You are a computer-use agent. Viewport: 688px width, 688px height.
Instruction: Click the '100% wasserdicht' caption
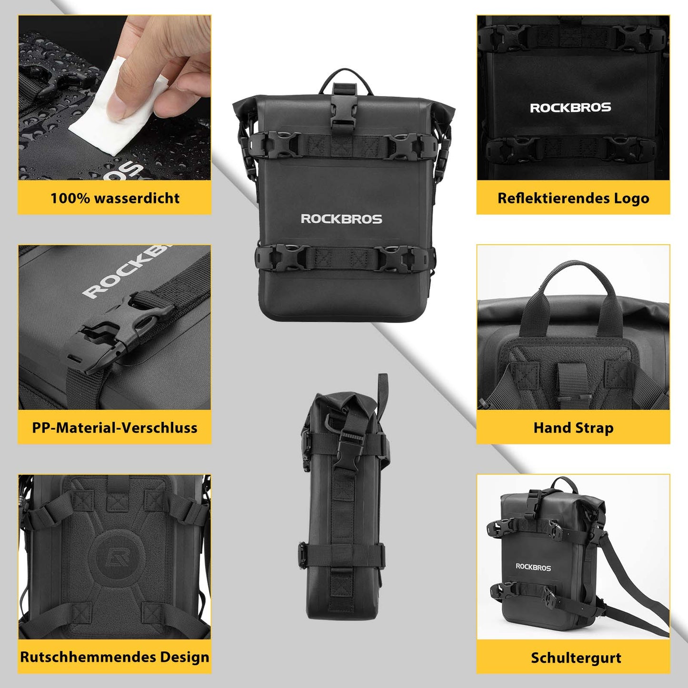pos(115,198)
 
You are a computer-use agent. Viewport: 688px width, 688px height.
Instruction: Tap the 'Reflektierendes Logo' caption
pos(573,198)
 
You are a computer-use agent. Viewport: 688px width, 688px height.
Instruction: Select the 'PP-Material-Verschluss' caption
pos(115,427)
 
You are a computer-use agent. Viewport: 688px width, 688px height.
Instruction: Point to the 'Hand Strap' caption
pos(573,427)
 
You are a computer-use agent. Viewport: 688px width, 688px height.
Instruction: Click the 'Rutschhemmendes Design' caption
pos(115,657)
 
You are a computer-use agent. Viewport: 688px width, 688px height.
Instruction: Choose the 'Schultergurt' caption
pos(576,658)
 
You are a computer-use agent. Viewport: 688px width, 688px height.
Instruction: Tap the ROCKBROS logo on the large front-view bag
pos(341,219)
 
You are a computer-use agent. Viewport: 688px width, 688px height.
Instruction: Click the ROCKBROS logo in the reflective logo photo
pos(570,108)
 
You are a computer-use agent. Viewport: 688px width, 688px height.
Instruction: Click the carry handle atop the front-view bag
pos(341,76)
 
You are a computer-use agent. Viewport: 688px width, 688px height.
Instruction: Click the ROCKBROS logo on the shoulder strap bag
pos(533,567)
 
